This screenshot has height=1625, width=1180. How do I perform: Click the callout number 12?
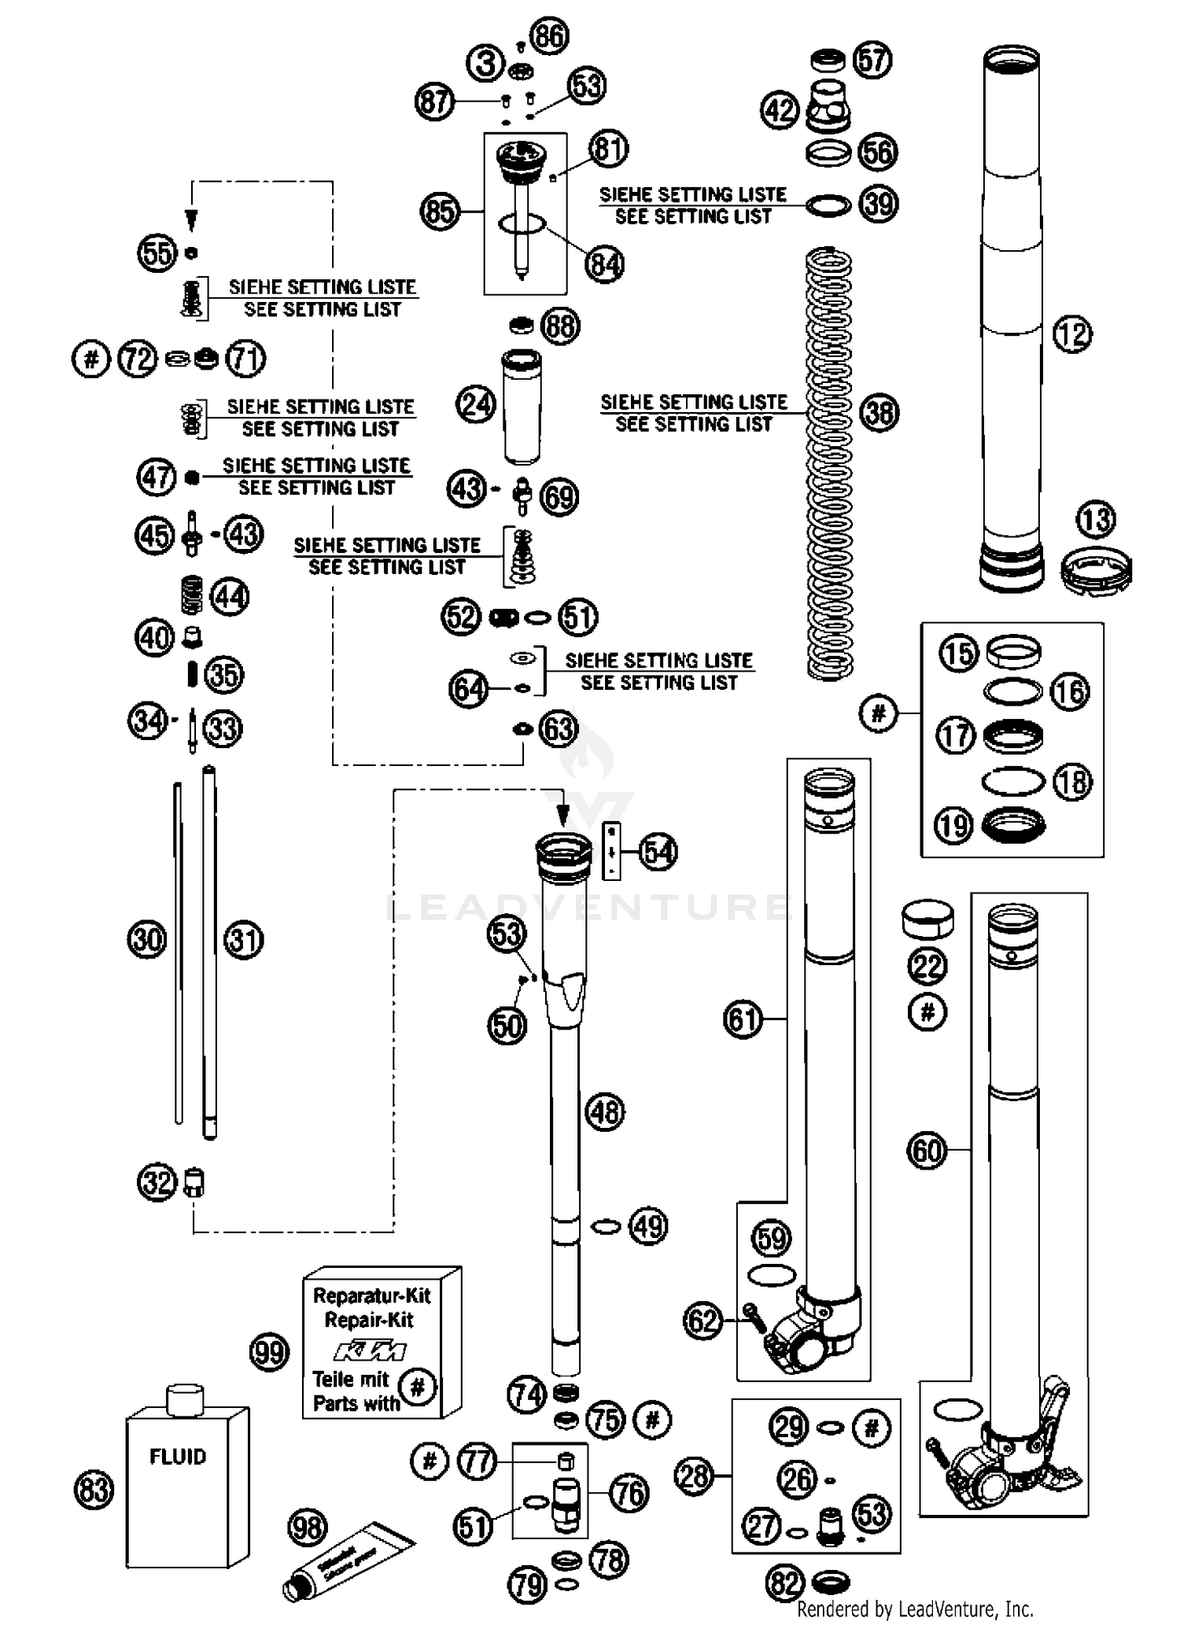pos(1071,334)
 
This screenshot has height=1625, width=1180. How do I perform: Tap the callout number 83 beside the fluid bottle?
pos(94,1490)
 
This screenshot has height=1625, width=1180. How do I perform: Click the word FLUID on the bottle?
pos(178,1457)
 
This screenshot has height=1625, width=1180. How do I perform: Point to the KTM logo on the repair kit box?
pos(370,1351)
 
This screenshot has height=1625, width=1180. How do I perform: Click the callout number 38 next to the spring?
pos(879,412)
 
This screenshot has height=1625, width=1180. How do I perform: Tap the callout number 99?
pos(269,1353)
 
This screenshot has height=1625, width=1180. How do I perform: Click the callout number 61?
pos(743,1019)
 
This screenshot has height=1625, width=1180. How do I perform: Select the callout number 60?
pos(926,1151)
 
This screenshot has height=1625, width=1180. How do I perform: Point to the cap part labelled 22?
pos(927,919)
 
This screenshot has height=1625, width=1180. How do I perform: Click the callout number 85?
pos(439,211)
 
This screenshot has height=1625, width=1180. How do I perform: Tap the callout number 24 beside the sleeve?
pos(475,405)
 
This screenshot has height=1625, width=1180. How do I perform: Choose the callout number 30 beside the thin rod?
pos(147,940)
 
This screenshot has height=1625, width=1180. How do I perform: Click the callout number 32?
pos(157,1182)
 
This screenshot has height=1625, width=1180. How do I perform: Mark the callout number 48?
pos(604,1112)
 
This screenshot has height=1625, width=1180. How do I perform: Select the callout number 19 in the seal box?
pos(953,826)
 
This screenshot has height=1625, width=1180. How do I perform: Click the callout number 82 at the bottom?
pos(784,1582)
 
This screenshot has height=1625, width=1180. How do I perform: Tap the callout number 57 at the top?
pos(872,60)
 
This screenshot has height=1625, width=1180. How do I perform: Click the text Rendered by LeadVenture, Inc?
pos(915,1608)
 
